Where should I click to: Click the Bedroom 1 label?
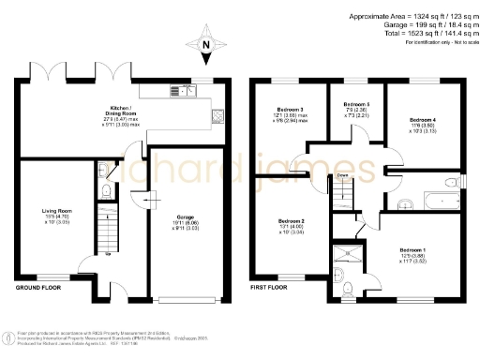coord(412,250)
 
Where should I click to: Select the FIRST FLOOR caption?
coord(268,288)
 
